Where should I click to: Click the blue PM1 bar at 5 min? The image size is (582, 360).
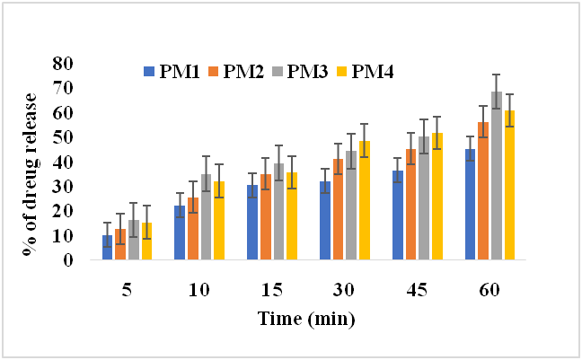click(x=108, y=248)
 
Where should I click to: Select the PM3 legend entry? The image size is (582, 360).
click(x=294, y=71)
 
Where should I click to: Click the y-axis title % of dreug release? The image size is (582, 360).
click(x=35, y=162)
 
